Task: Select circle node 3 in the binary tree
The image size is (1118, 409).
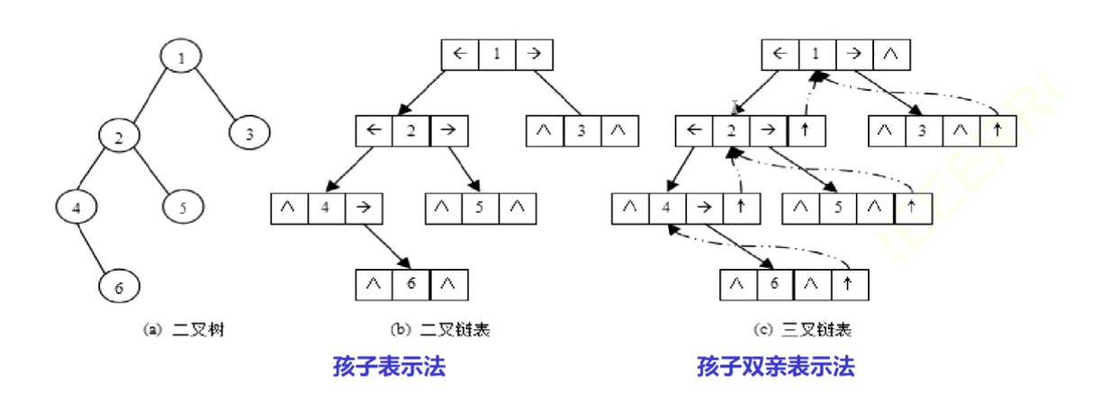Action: click(x=249, y=135)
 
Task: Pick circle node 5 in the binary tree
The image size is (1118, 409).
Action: click(x=183, y=207)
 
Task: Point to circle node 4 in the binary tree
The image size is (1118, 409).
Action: click(x=77, y=208)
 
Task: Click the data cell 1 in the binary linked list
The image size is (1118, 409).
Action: click(x=496, y=55)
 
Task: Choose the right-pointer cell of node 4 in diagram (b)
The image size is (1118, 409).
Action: click(x=363, y=209)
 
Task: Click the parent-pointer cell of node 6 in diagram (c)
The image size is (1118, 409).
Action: click(x=847, y=285)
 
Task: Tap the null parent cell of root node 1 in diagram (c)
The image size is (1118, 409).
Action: click(x=890, y=55)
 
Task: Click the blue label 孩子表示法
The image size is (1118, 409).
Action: click(x=389, y=367)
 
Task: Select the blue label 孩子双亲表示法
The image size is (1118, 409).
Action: click(x=775, y=367)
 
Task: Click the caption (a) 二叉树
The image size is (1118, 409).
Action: click(x=185, y=330)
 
